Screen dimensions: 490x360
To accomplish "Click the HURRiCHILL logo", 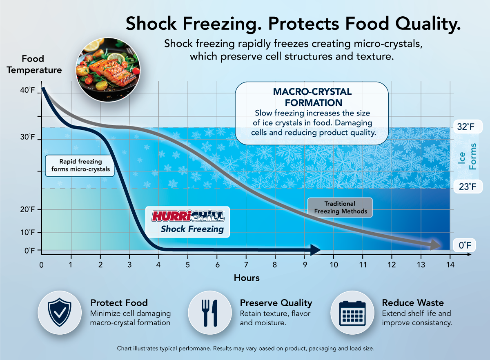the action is coord(188,216).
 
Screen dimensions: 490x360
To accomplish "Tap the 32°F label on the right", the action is coord(468,127).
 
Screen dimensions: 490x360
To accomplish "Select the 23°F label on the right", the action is coord(468,187).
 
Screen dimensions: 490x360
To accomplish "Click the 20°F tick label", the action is coord(27,209).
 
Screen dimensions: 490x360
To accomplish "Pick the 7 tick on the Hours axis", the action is coord(246,265).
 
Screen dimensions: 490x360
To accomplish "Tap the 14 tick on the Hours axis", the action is coord(450,265).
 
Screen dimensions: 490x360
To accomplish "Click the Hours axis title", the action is coord(247,278).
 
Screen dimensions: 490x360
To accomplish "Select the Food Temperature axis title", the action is coord(34,64).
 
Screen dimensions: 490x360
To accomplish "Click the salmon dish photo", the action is coord(108,70).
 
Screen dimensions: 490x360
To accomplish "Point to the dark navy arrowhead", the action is coord(315,250).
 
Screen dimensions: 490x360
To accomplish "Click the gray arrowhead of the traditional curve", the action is coord(436,245).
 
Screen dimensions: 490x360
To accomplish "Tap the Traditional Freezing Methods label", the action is coord(340,207).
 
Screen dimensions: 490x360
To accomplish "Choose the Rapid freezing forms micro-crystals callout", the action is coord(80,166).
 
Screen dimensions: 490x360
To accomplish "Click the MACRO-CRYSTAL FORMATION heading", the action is coord(312,97).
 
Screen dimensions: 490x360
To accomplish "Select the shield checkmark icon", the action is coord(60,312).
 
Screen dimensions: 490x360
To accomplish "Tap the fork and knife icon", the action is coord(209,313).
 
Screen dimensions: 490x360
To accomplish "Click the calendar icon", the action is coord(352,313).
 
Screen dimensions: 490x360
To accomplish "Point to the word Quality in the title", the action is coord(428,24).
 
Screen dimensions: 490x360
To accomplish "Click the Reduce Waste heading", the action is coord(413,303).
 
